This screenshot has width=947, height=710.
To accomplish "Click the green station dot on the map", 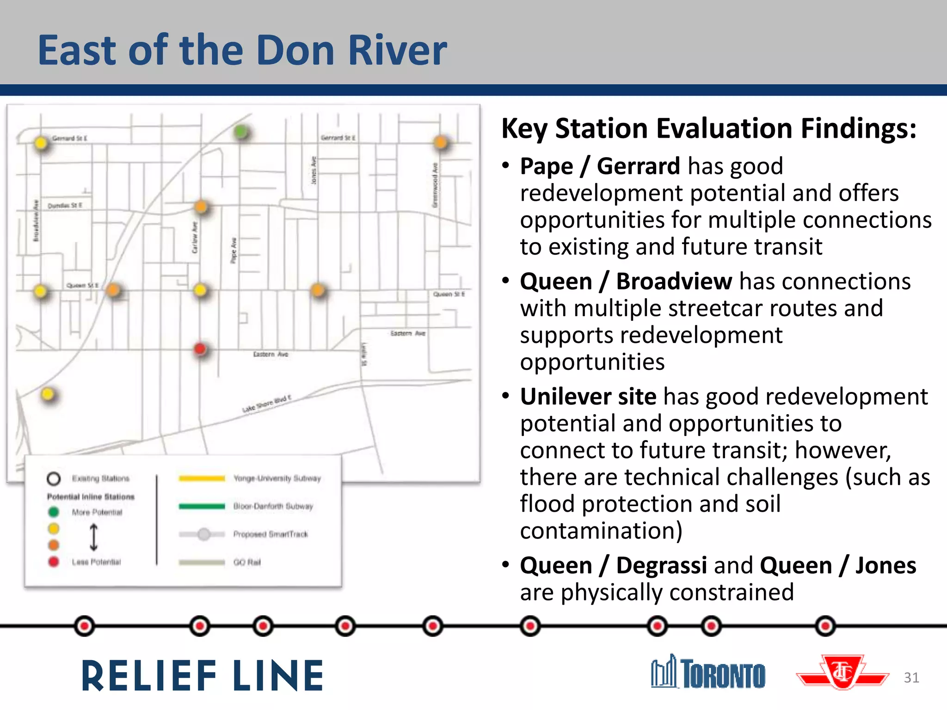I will (x=240, y=132).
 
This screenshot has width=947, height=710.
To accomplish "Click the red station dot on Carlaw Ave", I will (x=200, y=349).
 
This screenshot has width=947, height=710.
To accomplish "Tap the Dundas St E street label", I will (x=65, y=205).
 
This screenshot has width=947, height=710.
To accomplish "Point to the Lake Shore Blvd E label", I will (x=267, y=404).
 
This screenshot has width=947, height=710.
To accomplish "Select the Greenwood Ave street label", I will (x=435, y=185).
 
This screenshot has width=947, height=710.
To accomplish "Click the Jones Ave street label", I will (x=314, y=170).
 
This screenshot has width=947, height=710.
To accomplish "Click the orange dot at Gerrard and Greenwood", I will (x=441, y=142).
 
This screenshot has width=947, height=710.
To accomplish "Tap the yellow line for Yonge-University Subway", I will (x=202, y=478).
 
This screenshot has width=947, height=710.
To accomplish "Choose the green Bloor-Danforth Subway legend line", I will (x=202, y=506).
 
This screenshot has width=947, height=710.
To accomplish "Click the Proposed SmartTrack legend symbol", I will (x=203, y=534).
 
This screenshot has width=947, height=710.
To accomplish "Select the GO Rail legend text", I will (x=247, y=562).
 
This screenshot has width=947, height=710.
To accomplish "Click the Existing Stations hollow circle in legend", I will (x=54, y=478).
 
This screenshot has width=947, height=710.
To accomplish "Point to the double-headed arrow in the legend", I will (x=93, y=537).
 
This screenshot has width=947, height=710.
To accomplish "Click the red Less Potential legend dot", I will (x=54, y=562).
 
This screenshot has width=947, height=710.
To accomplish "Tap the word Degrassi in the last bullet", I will (x=661, y=565).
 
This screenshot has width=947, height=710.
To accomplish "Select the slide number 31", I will (x=911, y=677).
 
